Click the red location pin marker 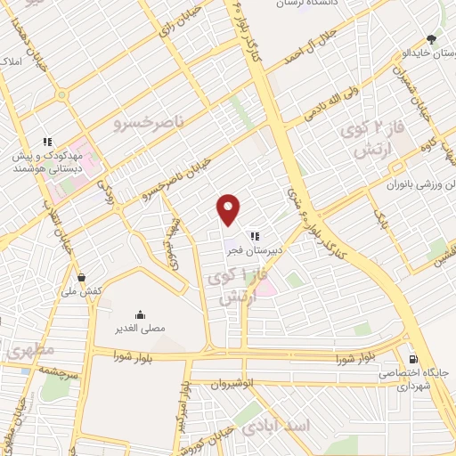point(229,208)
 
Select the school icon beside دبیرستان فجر point(255,236)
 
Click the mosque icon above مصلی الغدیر point(140,314)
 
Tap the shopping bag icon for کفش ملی point(82,277)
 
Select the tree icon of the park point(431,38)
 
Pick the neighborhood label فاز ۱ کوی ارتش point(237,288)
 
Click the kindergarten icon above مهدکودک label point(48,141)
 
